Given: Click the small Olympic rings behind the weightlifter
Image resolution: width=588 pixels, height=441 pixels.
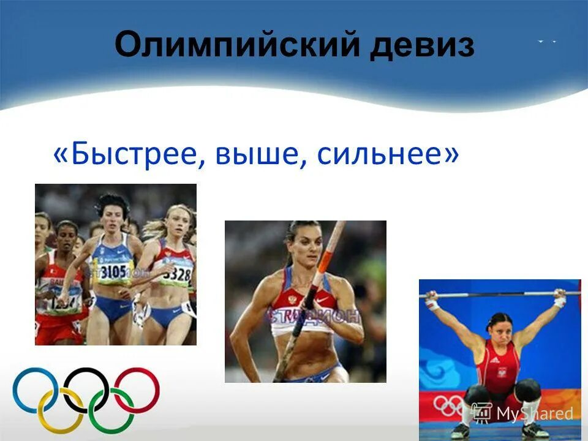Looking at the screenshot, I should [x=450, y=404].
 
